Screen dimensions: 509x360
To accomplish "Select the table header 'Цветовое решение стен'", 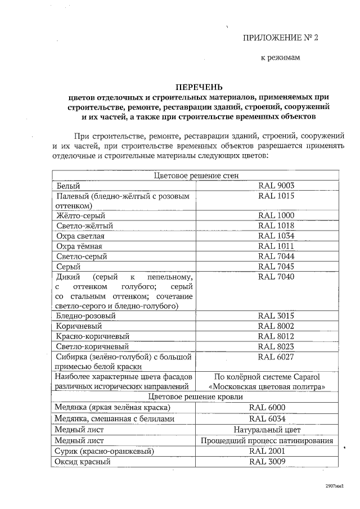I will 197,175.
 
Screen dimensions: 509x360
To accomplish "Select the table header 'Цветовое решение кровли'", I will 197,397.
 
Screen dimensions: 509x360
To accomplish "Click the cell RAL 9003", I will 276,186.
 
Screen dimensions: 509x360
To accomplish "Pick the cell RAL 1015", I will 276,196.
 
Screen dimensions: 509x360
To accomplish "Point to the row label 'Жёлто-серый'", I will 81,215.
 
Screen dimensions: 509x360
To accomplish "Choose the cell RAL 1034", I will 276,236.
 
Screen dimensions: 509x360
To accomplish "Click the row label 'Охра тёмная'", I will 80,246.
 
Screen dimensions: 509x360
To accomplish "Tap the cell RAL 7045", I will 276,266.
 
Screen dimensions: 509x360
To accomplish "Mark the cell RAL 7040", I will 276,276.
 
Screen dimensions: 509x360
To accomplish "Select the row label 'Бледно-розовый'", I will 86,316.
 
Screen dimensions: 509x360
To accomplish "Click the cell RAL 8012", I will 276,336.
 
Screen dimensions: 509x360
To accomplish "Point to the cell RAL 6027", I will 276,357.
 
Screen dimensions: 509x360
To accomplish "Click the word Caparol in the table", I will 304,376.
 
